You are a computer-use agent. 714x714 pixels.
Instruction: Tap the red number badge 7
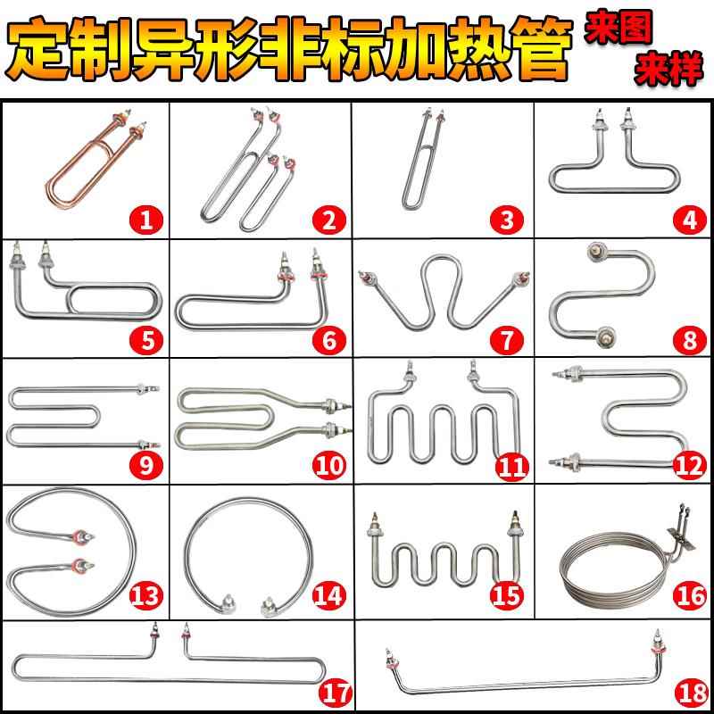pyautogui.click(x=506, y=340)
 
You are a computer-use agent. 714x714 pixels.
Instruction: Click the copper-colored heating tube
pyautogui.click(x=90, y=166)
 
